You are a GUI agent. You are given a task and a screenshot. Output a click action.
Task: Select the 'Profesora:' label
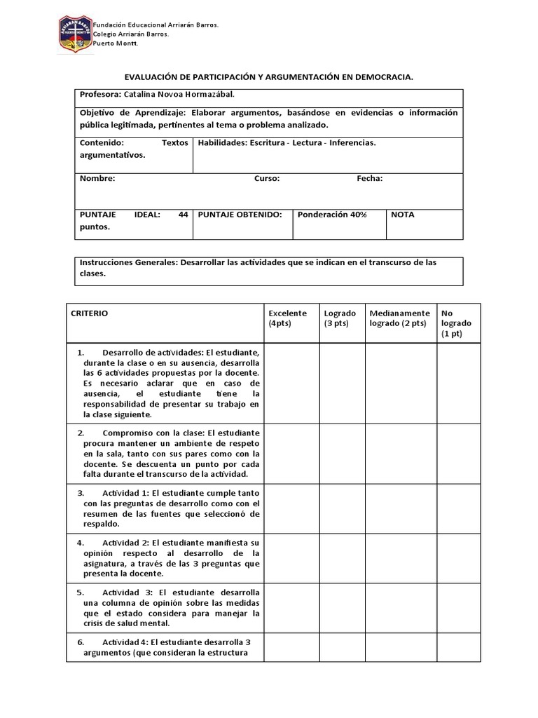click(100, 95)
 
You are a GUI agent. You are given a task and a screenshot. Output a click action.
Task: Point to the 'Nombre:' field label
click(97, 178)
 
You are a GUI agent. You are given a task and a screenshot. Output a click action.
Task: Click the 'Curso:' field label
click(266, 178)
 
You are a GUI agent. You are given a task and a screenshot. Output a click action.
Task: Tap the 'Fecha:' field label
click(369, 178)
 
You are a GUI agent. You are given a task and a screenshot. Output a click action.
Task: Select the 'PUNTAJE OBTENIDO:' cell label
click(240, 215)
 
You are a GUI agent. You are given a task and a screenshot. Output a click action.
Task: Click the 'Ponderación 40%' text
click(331, 215)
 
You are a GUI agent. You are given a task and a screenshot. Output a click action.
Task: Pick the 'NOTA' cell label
click(402, 215)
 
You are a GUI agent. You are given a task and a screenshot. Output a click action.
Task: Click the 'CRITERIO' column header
click(90, 313)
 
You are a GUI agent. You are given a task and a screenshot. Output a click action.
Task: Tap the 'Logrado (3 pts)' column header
click(340, 318)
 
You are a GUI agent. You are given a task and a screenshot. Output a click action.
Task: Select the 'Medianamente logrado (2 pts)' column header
click(399, 318)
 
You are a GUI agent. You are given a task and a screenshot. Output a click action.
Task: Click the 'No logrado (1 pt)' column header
click(456, 323)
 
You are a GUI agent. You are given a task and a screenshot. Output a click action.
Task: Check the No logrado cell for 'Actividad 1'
click(458, 508)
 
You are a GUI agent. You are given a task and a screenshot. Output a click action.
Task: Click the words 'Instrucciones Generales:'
click(128, 262)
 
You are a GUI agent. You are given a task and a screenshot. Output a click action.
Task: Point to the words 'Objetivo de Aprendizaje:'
click(132, 113)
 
